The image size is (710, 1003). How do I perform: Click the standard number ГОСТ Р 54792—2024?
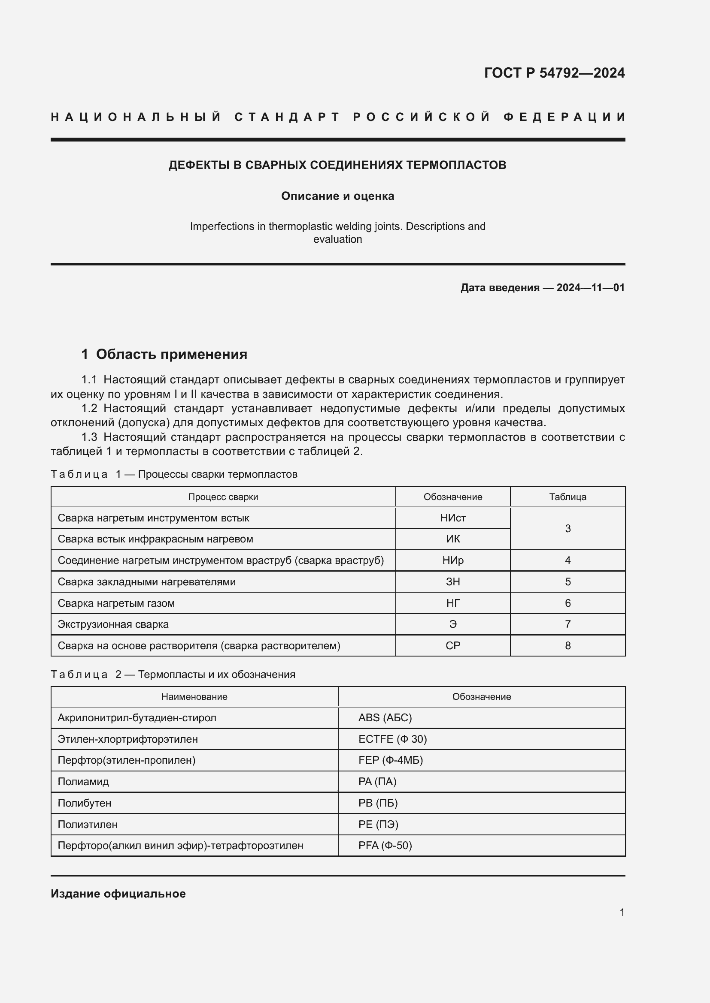(x=554, y=73)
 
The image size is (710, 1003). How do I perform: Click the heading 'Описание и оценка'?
(x=337, y=196)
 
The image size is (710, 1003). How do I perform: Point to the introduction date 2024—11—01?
(x=590, y=287)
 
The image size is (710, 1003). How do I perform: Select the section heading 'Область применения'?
(x=171, y=354)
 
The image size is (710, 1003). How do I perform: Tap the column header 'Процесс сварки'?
(x=223, y=497)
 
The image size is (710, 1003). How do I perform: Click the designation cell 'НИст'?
(x=453, y=518)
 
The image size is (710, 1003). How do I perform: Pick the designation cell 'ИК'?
(x=453, y=539)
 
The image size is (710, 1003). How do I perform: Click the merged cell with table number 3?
(x=567, y=529)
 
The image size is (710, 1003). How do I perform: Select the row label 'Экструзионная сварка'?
(x=113, y=624)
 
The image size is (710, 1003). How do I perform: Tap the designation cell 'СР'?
(x=453, y=646)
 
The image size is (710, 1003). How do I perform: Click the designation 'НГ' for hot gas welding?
(x=453, y=603)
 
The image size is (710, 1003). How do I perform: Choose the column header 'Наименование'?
(x=194, y=697)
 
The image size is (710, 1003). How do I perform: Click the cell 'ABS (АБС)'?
(x=385, y=718)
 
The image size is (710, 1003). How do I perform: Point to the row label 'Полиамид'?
(x=83, y=782)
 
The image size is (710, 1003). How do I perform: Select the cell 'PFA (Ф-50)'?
(x=385, y=845)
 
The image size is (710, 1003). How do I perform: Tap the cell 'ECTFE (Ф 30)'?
(x=392, y=739)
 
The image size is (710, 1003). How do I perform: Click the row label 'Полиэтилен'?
(x=88, y=824)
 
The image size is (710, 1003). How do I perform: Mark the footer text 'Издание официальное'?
(x=118, y=894)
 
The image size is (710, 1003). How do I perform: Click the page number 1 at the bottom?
(x=622, y=912)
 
